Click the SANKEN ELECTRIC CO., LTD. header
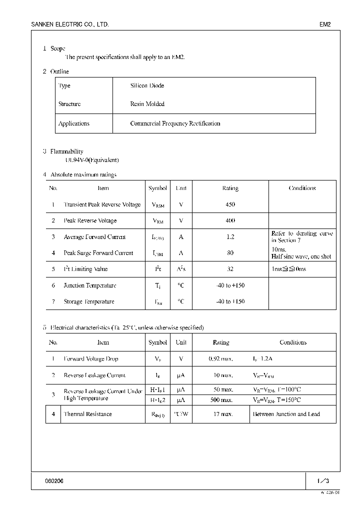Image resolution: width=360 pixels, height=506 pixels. [70, 24]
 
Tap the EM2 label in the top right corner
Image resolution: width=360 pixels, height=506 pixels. [325, 24]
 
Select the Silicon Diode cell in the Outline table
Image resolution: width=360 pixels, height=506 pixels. [147, 85]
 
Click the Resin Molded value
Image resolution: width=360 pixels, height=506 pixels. [147, 104]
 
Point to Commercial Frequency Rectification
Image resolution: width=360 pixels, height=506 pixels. [175, 123]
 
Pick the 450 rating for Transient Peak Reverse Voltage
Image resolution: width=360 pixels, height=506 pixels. [230, 204]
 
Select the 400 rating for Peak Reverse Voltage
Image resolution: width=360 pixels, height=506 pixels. [230, 220]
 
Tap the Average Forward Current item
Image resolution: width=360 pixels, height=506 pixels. [95, 237]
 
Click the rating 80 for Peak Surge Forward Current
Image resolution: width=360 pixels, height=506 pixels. [230, 253]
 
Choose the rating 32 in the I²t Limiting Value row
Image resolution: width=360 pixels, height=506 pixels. [230, 269]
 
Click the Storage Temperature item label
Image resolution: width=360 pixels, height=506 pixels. [89, 301]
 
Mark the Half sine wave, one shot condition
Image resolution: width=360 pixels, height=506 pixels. [301, 256]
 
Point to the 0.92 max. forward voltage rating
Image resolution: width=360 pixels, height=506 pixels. [220, 359]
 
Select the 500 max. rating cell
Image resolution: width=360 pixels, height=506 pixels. [220, 400]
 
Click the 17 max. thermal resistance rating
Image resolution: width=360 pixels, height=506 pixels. [220, 414]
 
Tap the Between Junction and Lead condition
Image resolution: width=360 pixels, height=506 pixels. [293, 414]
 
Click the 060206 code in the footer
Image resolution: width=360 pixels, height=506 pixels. [54, 481]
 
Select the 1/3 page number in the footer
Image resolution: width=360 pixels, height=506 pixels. [323, 481]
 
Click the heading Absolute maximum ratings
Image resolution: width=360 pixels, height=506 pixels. [83, 174]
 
